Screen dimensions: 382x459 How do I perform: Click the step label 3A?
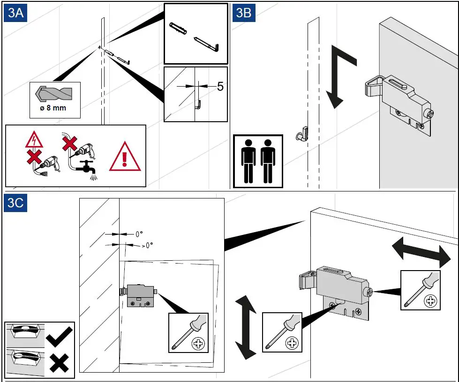pos(15,13)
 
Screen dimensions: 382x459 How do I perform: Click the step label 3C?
pos(15,204)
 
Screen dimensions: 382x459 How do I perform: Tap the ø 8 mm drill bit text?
pos(53,108)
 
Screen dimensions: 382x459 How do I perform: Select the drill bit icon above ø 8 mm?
pos(53,93)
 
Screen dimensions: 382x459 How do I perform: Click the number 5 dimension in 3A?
pos(220,87)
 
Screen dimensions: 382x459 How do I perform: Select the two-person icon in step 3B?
pos(258,161)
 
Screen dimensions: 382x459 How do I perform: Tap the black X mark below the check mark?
pos(59,362)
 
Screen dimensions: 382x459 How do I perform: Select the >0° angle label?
pos(147,245)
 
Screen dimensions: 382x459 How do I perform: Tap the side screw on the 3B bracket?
pos(428,114)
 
